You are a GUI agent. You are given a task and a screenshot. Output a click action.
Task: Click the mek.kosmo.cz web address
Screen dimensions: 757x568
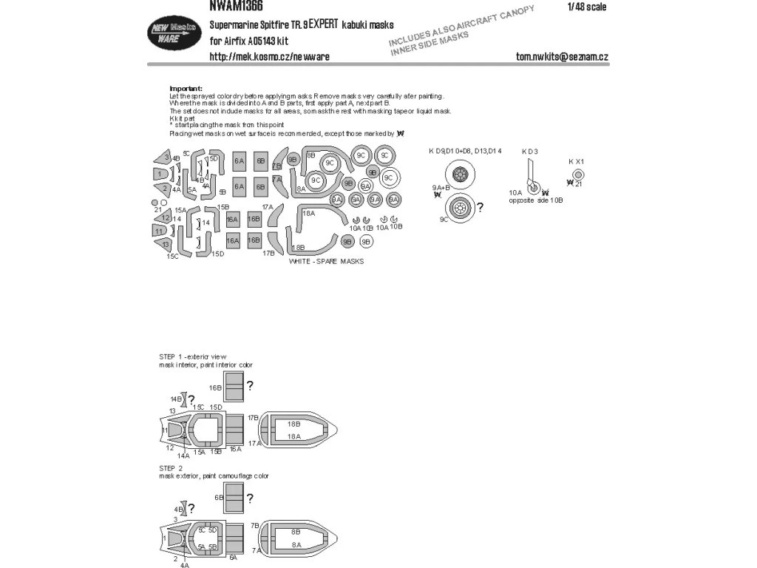coord(270,56)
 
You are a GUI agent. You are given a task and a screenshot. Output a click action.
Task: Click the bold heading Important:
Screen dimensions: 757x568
coord(186,88)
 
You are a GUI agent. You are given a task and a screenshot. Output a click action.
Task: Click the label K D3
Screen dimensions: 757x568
coord(529,152)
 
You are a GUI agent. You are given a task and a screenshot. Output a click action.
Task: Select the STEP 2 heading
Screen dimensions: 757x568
coord(170,468)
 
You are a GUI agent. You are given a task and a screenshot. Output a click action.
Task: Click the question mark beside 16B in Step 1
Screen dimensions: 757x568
coord(251,385)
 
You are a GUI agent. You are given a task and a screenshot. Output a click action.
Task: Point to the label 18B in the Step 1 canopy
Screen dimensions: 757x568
coord(293,424)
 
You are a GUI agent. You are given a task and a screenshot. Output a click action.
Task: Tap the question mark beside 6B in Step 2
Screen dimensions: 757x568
coord(251,498)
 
